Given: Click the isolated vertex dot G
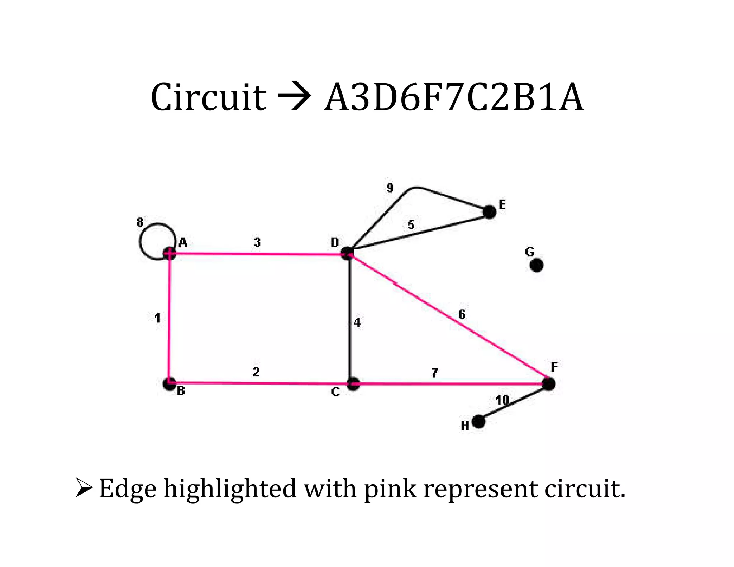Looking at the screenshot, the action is [536, 265].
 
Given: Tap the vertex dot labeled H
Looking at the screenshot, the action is [479, 422].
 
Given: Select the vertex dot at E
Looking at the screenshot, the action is [489, 212].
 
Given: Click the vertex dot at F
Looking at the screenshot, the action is [548, 384].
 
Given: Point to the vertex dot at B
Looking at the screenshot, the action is [170, 384].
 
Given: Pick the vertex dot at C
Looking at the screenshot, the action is [353, 384].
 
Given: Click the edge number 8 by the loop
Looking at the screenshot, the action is [140, 223].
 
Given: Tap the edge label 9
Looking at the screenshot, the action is [390, 188].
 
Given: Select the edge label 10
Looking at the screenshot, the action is [502, 400].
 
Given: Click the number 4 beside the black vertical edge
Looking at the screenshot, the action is [357, 323].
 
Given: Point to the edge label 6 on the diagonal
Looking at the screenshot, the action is [462, 314].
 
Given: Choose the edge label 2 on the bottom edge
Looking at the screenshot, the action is [256, 372].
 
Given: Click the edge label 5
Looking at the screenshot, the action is [411, 225].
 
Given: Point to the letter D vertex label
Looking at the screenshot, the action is [335, 243].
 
